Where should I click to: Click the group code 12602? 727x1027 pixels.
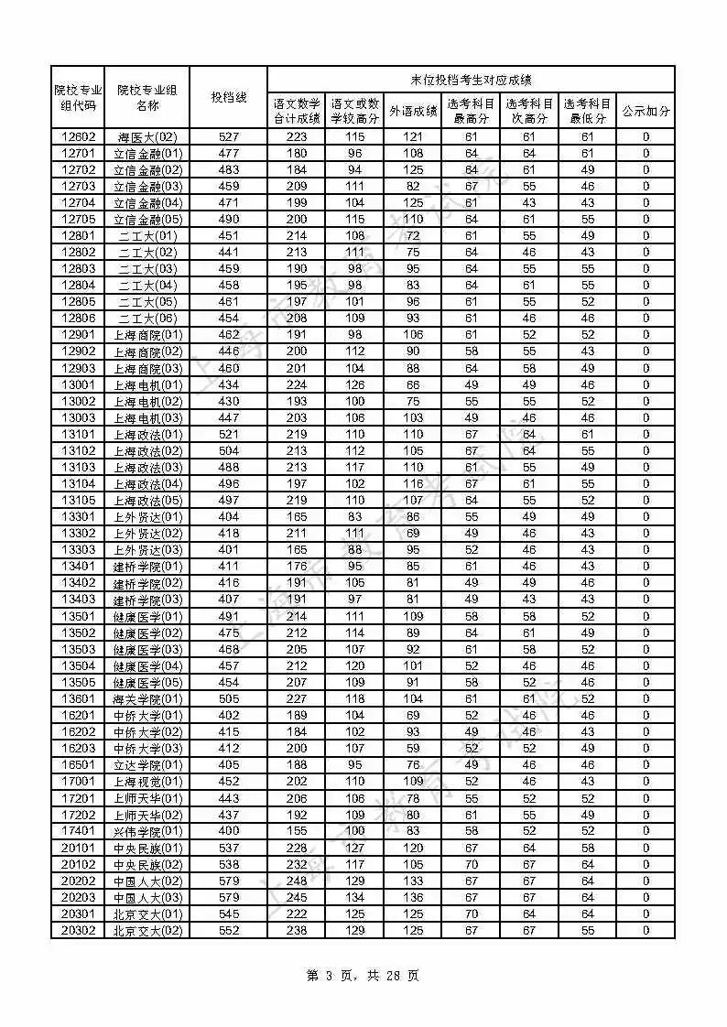(x=78, y=137)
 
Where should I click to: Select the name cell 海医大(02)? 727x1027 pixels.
(x=147, y=137)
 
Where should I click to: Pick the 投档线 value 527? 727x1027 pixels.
(x=228, y=137)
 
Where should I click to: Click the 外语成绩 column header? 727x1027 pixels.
(x=413, y=112)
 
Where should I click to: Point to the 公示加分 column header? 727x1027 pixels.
(x=646, y=112)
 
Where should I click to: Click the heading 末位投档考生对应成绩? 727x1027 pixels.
(x=471, y=80)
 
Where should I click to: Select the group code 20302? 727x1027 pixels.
(x=78, y=931)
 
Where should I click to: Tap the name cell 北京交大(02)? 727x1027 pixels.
(x=147, y=931)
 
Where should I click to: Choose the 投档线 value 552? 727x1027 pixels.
(x=228, y=931)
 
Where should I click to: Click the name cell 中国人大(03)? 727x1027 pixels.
(x=147, y=898)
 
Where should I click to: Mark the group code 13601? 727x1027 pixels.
(x=78, y=699)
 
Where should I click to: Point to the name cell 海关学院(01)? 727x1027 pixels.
(x=147, y=699)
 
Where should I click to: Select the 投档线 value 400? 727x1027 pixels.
(x=228, y=831)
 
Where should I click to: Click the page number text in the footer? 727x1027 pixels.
(x=363, y=976)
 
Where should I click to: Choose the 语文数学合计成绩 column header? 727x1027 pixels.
(x=297, y=112)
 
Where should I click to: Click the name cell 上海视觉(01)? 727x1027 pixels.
(x=147, y=782)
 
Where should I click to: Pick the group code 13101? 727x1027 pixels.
(x=78, y=435)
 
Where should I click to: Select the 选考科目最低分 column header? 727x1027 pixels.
(x=587, y=112)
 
